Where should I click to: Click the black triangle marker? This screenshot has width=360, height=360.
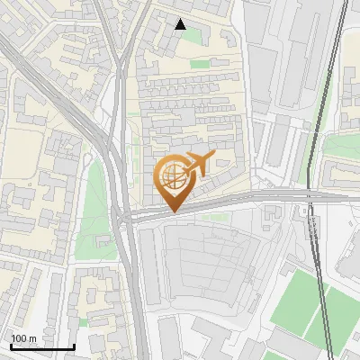(x=181, y=24)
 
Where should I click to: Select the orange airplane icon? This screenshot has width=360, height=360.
(x=195, y=165)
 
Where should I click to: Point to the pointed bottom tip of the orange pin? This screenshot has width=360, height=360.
(x=173, y=211)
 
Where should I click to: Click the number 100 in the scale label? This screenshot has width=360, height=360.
(x=20, y=338)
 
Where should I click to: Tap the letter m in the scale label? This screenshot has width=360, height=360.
(x=33, y=338)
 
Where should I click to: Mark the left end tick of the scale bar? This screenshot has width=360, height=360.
(x=10, y=346)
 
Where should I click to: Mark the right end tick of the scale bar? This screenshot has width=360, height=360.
(x=74, y=346)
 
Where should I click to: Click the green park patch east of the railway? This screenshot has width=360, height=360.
(x=340, y=144)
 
